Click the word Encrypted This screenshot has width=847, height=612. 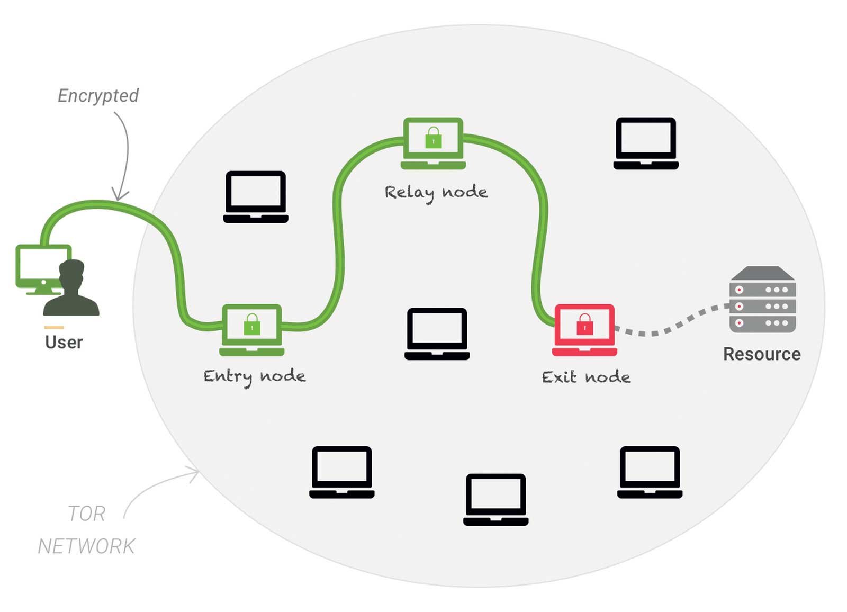pos(98,96)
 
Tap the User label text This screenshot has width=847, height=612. pos(64,343)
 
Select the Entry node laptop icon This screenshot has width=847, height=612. pos(252,330)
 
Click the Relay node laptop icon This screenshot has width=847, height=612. pos(434,143)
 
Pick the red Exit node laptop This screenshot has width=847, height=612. pos(584,330)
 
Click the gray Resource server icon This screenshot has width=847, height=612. pos(763,300)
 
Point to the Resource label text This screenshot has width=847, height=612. pos(762,354)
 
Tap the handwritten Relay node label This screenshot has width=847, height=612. pos(436,193)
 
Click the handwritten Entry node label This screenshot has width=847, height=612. pos(255,377)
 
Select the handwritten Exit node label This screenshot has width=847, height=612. pos(586,377)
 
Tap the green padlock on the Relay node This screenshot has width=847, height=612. pos(434,137)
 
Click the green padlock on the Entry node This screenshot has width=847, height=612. pos(252,324)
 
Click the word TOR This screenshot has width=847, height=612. pos(87,514)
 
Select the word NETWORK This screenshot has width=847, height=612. pos(87,546)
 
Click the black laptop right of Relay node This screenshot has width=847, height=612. pos(646,143)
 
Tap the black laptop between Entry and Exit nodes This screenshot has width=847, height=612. pos(437,334)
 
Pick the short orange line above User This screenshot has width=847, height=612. pos(54,328)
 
